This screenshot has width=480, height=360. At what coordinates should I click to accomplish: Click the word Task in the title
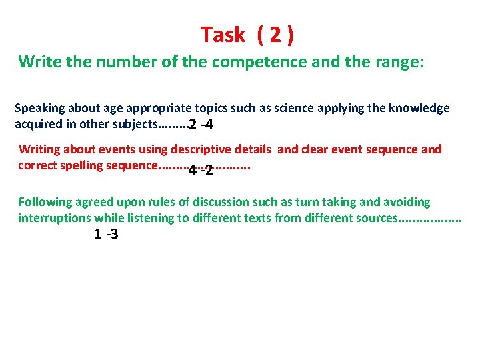click(x=223, y=35)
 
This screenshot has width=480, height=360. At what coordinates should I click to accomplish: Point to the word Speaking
click(x=39, y=108)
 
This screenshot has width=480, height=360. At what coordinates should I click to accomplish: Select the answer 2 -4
click(x=201, y=125)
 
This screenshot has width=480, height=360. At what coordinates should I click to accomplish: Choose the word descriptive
click(x=200, y=149)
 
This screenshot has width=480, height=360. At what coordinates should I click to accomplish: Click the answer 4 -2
click(x=201, y=169)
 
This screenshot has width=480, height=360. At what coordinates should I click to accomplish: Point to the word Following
click(x=45, y=202)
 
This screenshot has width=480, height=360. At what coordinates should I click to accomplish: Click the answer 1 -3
click(x=107, y=234)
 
